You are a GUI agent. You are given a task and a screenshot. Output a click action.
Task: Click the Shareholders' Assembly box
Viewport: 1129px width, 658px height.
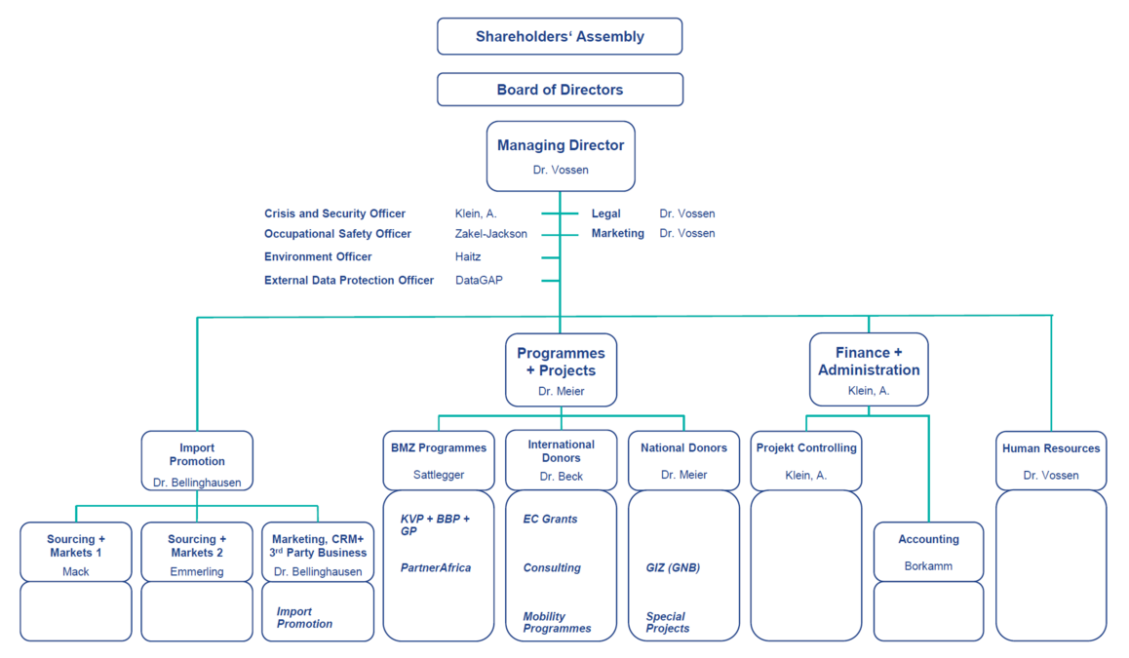tap(560, 36)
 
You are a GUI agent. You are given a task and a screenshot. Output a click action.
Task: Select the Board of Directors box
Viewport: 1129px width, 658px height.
tap(560, 90)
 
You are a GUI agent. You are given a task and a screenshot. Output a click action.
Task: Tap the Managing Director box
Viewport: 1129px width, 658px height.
tap(561, 156)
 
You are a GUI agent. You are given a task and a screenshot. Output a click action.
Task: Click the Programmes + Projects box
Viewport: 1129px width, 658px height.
tap(561, 370)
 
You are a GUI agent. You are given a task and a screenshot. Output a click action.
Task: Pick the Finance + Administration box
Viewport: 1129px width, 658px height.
tap(869, 369)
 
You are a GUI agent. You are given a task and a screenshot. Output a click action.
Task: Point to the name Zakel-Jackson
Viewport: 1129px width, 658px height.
tap(491, 234)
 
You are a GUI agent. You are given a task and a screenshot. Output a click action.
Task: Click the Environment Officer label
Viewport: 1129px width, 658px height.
tap(318, 256)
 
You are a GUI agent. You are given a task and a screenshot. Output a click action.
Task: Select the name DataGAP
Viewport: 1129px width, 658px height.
tap(479, 280)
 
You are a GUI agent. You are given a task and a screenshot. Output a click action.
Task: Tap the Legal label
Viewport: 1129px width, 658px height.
tap(605, 213)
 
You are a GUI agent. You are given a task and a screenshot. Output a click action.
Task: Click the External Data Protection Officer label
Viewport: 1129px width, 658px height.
tap(348, 280)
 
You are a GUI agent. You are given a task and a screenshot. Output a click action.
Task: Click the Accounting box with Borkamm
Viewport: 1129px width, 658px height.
tap(928, 552)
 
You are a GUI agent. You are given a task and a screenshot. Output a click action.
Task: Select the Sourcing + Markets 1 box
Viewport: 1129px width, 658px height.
tap(76, 552)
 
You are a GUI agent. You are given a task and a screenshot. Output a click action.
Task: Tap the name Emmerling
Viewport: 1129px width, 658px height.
tap(197, 571)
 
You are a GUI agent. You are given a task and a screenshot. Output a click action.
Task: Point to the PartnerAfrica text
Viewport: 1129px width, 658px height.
tap(436, 567)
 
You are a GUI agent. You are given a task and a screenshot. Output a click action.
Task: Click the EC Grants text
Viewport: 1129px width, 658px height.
tap(550, 519)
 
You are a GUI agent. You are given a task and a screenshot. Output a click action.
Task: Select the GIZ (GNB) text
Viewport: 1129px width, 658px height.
tap(673, 567)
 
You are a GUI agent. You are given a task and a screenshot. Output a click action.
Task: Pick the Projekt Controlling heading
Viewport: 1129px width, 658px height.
tap(805, 447)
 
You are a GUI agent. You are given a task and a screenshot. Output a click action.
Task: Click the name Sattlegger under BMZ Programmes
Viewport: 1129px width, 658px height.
tap(439, 475)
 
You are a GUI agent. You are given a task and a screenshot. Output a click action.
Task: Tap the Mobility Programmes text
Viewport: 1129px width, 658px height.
tap(557, 622)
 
